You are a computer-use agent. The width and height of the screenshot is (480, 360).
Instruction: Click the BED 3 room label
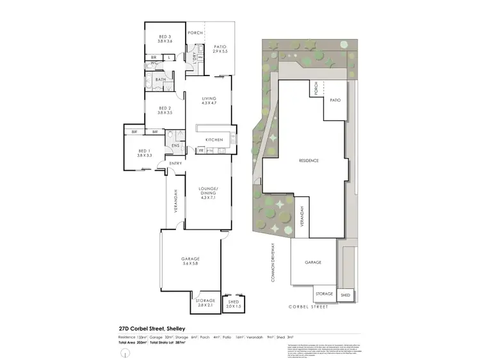165,37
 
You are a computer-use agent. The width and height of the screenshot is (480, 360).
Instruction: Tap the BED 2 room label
165,108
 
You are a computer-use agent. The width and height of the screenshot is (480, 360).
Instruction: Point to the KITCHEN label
214,139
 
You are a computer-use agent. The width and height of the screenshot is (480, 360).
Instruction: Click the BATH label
161,79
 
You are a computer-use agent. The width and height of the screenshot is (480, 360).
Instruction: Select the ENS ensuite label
175,145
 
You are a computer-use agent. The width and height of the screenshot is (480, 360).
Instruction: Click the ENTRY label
175,164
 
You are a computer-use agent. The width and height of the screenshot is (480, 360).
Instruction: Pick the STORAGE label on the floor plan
205,300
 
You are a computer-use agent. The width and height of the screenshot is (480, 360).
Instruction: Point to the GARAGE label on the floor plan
190,258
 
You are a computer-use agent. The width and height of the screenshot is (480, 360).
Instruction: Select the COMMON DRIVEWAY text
273,263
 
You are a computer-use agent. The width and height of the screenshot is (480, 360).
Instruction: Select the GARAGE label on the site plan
312,262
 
